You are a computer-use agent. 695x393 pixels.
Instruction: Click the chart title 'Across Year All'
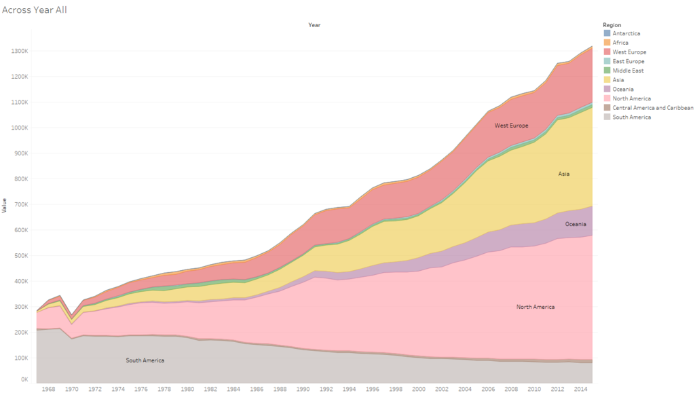[34, 10]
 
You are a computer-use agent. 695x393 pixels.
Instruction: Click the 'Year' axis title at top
[314, 25]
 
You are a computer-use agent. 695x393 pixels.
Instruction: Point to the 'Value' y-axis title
[5, 205]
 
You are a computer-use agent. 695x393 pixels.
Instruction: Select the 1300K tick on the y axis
[19, 51]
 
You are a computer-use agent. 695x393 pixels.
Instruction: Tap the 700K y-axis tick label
[20, 204]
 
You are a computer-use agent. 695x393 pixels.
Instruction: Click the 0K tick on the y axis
[24, 379]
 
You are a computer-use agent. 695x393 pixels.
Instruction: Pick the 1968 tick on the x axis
[48, 389]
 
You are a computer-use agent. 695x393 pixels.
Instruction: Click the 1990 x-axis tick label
[303, 389]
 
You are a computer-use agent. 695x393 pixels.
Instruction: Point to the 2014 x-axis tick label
[580, 389]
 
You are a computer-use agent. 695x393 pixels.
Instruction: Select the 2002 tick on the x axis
[442, 389]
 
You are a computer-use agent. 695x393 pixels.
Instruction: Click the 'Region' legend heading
[612, 25]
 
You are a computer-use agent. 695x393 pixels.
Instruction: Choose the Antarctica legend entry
[626, 33]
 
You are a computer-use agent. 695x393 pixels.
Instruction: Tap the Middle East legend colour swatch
[607, 71]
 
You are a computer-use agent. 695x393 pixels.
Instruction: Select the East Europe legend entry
[628, 61]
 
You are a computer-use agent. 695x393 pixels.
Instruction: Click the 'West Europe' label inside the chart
[511, 126]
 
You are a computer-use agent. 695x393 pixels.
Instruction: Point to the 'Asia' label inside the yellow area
[563, 174]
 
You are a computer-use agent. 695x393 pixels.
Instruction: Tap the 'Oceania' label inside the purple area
[576, 224]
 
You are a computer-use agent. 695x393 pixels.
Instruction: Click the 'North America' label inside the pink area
[535, 307]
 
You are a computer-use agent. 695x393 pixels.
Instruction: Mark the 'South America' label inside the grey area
[145, 360]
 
